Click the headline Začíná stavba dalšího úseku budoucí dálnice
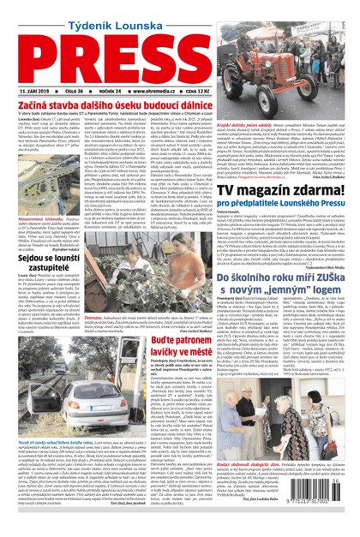click(x=112, y=104)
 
